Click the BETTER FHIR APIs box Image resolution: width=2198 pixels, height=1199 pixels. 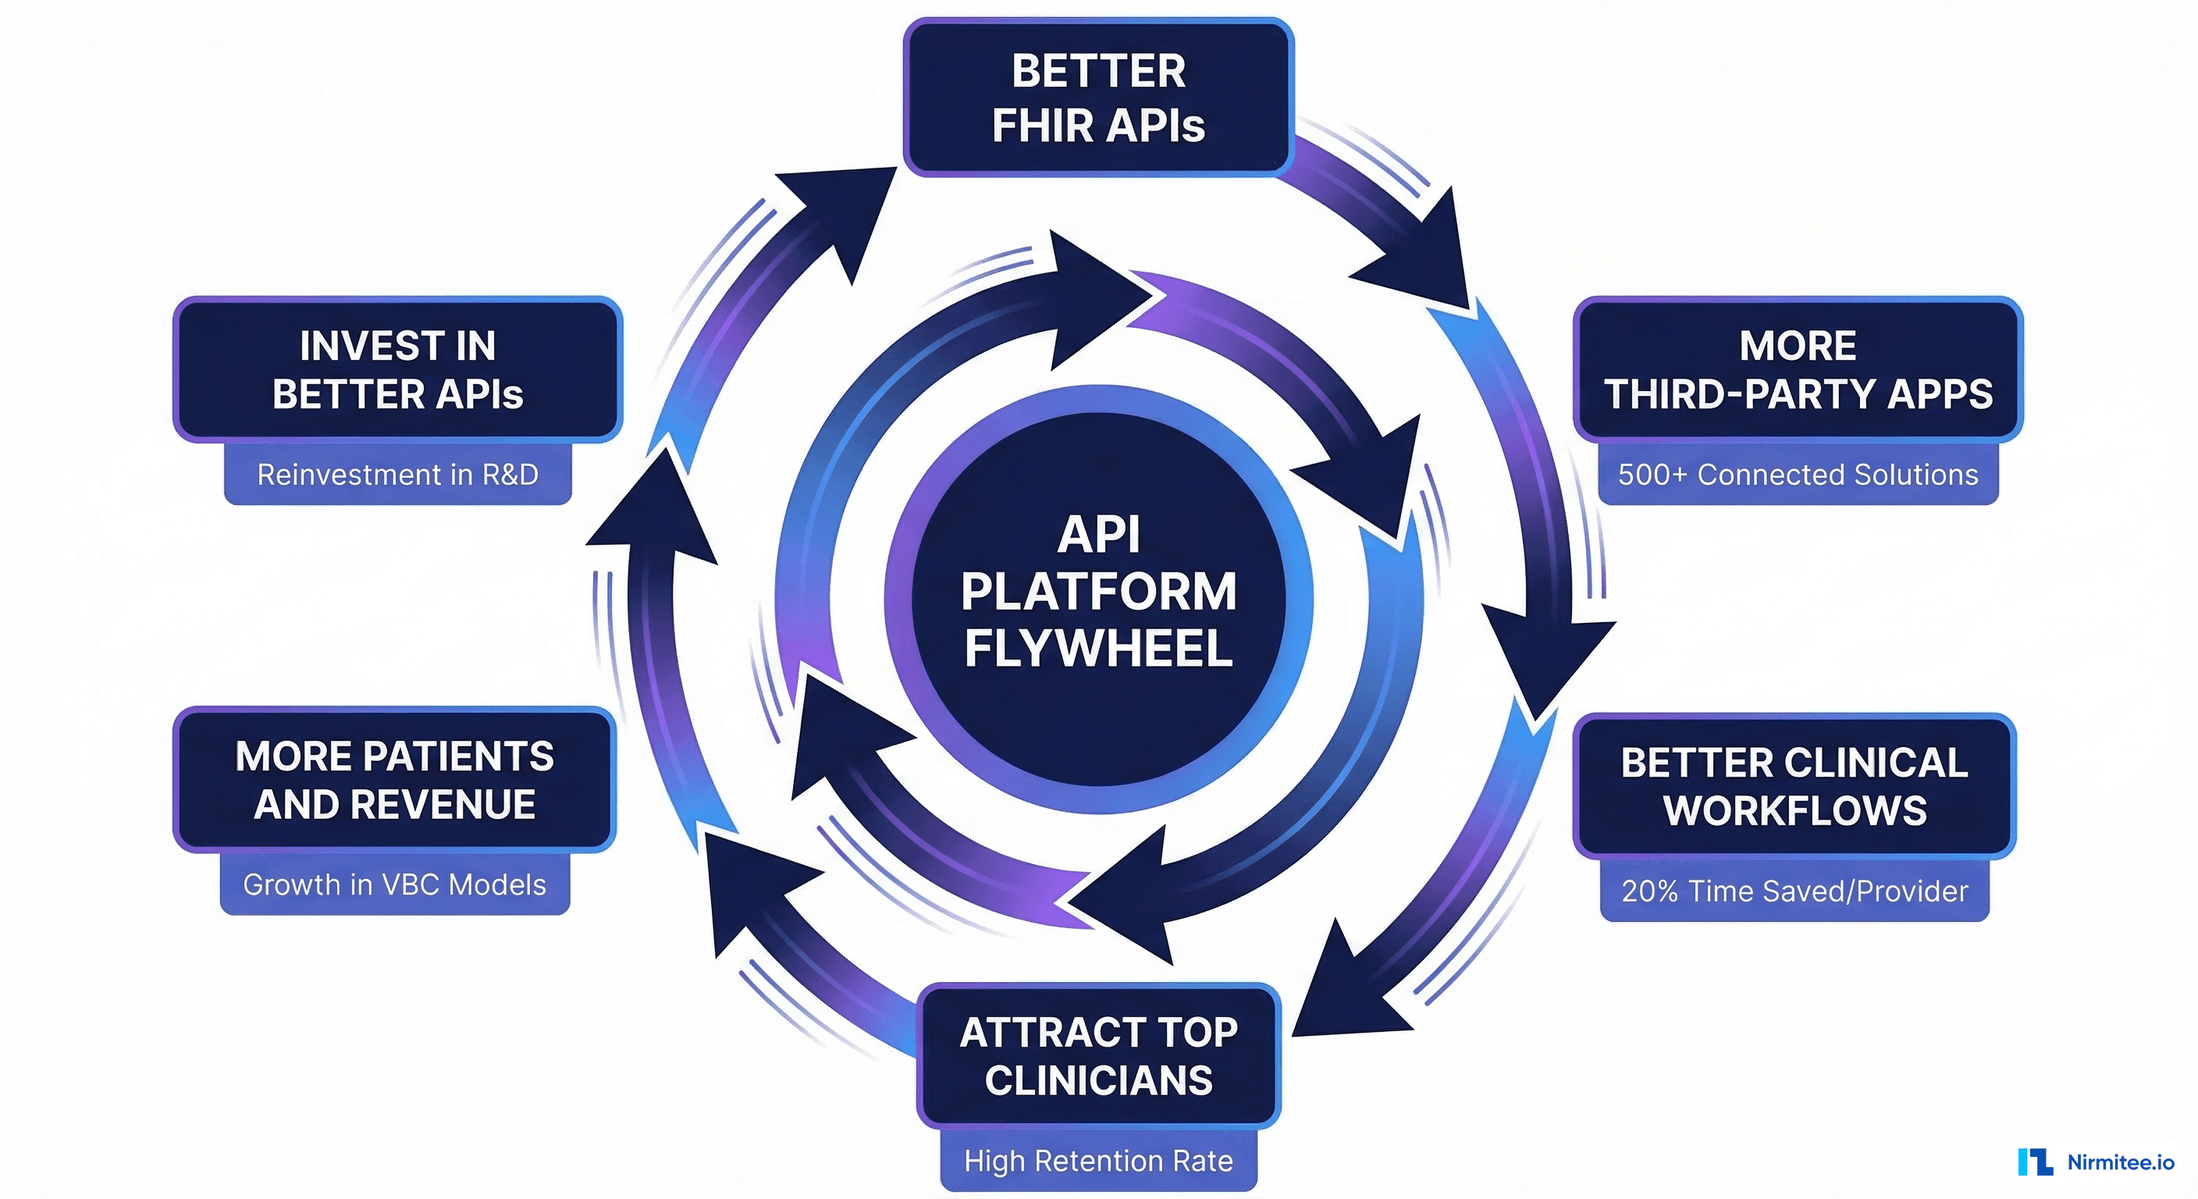pyautogui.click(x=1098, y=98)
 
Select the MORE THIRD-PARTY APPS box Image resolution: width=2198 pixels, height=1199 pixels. pyautogui.click(x=1798, y=368)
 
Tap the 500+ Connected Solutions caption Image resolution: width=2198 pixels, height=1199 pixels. pyautogui.click(x=1798, y=475)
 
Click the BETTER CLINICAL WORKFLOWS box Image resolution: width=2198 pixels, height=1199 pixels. pyautogui.click(x=1794, y=785)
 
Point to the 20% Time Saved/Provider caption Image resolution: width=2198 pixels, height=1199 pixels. pyautogui.click(x=1794, y=891)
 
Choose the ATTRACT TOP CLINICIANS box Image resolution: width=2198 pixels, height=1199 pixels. pyautogui.click(x=1098, y=1055)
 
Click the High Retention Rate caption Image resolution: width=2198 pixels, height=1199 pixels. pyautogui.click(x=1098, y=1161)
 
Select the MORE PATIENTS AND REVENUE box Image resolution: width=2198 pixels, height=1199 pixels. pyautogui.click(x=394, y=779)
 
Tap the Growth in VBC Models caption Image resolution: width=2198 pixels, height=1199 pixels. pyautogui.click(x=394, y=885)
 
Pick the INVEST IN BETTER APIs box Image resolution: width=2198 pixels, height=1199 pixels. pyautogui.click(x=397, y=368)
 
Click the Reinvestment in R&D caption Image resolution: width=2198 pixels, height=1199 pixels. pyautogui.click(x=397, y=475)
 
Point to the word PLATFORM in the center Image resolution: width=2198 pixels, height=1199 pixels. pyautogui.click(x=1098, y=592)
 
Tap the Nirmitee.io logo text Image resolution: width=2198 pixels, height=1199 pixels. pyautogui.click(x=2121, y=1162)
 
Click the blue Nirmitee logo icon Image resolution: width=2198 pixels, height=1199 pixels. pyautogui.click(x=2035, y=1162)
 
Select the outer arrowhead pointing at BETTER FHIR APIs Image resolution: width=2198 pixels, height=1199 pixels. pyautogui.click(x=841, y=213)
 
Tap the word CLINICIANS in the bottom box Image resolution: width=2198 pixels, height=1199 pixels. pyautogui.click(x=1098, y=1081)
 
